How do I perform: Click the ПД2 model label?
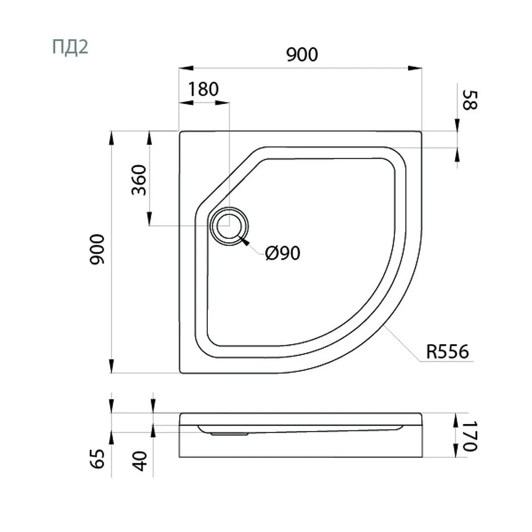(70, 47)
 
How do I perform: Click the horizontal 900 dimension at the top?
(302, 55)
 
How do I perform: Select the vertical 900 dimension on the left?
(97, 249)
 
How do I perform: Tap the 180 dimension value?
(203, 89)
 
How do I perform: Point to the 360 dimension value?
(139, 180)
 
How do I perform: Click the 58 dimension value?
(469, 100)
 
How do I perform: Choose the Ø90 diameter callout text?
(282, 253)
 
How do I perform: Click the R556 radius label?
(447, 352)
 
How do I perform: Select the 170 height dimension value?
(469, 436)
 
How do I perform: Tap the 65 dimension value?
(97, 458)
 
